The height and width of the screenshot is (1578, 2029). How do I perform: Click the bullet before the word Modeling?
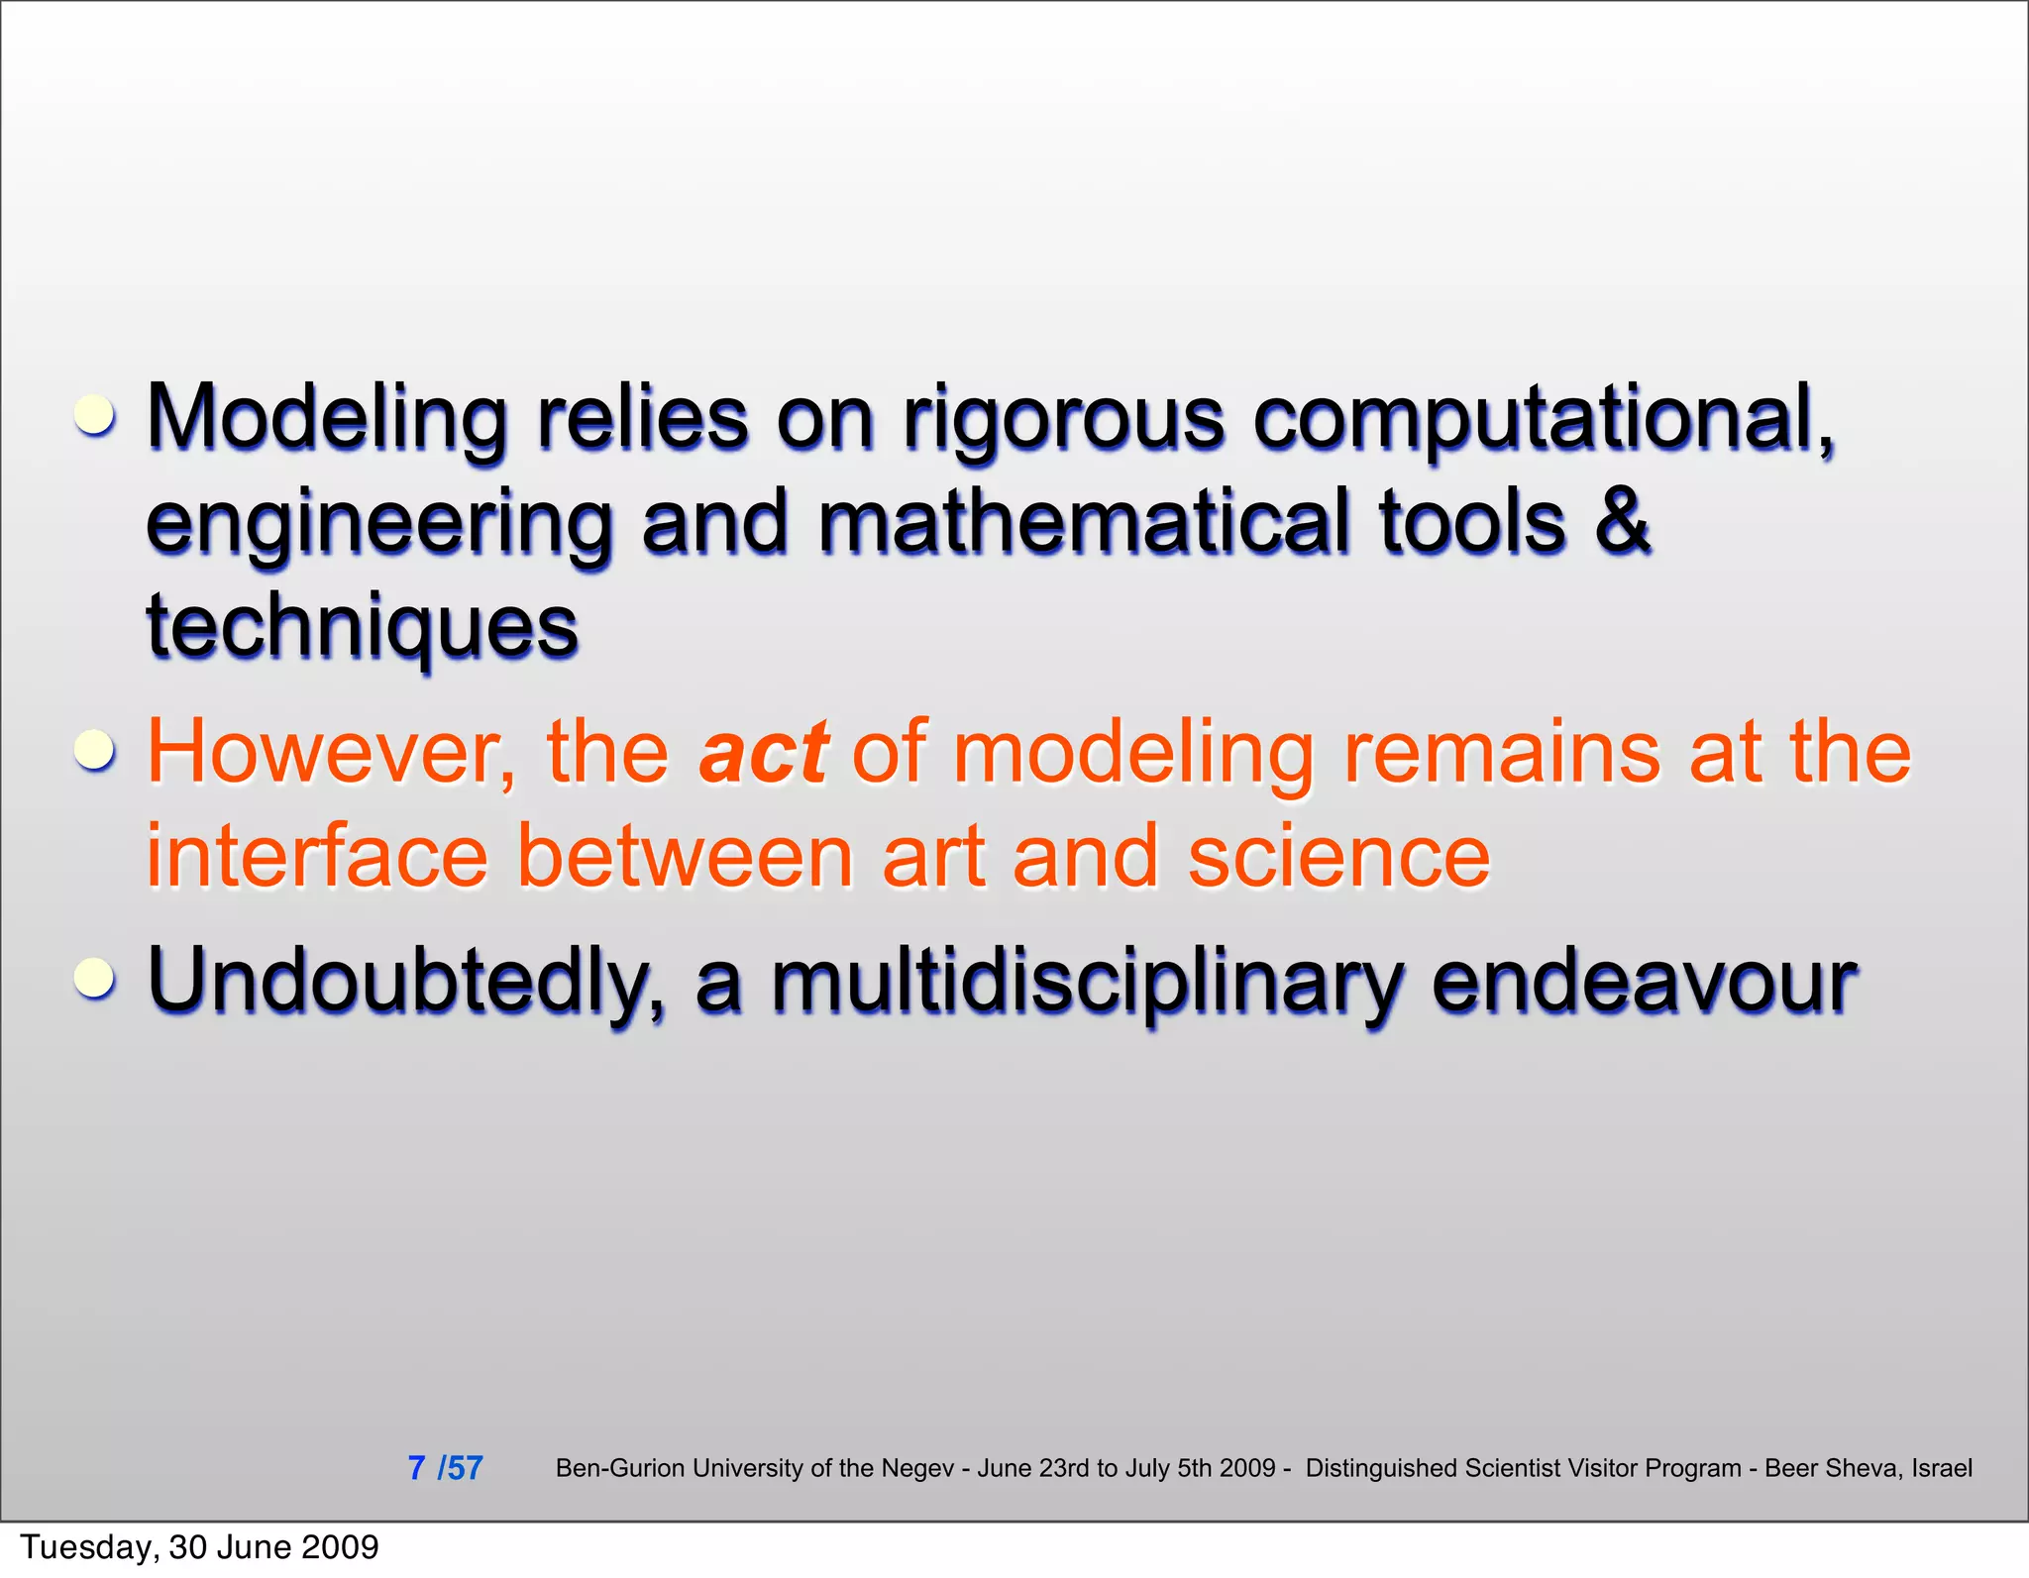(96, 416)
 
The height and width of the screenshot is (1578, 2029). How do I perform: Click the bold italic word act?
(763, 753)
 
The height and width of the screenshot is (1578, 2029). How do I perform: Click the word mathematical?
(1084, 521)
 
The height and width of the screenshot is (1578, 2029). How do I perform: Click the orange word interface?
(317, 856)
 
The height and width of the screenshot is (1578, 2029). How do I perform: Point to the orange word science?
(1338, 856)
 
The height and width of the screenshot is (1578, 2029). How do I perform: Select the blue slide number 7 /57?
(445, 1467)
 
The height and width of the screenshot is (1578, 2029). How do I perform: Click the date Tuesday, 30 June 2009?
(199, 1547)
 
